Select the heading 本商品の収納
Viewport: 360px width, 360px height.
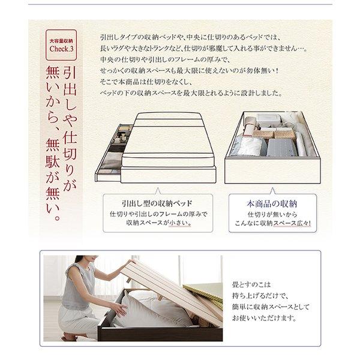(x=272, y=202)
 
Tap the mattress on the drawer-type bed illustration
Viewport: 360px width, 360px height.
(x=168, y=138)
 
